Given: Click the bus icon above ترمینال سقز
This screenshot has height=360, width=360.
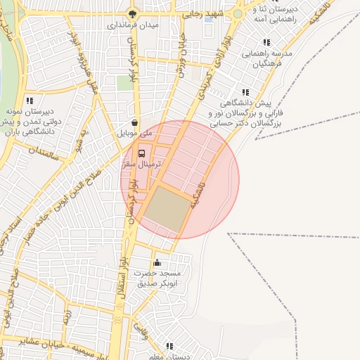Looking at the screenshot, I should click(x=142, y=153).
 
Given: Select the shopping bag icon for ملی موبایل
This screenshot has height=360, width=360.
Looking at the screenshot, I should click(x=134, y=122).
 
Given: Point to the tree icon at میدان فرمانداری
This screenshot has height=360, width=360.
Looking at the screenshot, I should click(x=132, y=13).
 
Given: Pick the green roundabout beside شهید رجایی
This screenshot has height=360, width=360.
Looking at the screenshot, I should click(x=238, y=13).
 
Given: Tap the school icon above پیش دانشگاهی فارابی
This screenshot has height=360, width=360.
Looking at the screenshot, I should click(x=245, y=92).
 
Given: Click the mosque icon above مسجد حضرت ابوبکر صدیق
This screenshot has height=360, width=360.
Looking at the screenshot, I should click(x=167, y=263).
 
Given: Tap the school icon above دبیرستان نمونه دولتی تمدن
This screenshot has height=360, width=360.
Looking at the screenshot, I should click(x=29, y=101).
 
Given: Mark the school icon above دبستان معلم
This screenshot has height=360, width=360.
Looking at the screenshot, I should click(x=169, y=346).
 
